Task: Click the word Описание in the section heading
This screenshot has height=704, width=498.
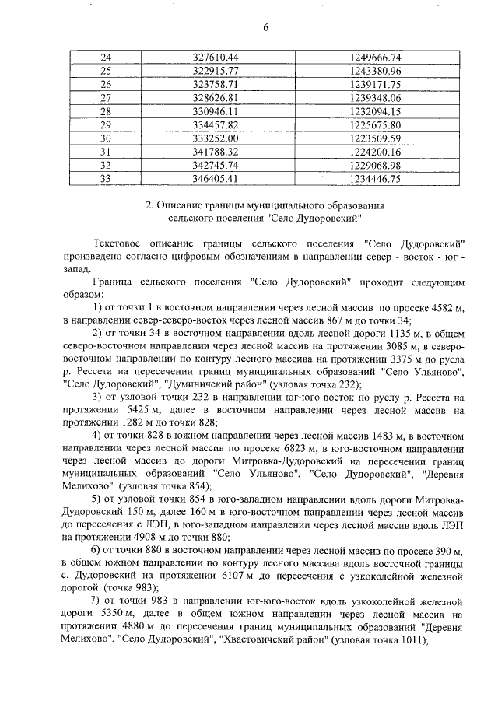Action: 184,205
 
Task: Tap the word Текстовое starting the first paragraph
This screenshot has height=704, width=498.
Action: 118,245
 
